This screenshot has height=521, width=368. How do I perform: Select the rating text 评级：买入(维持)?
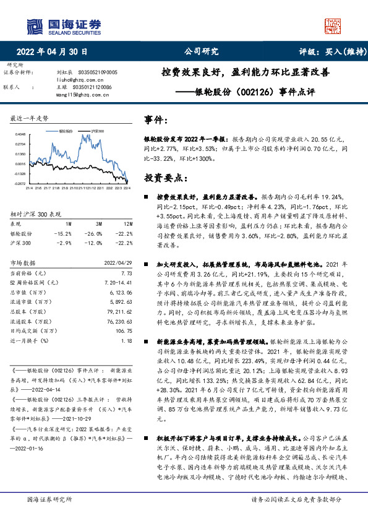[325, 52]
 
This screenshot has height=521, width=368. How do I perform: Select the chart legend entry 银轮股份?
[66, 131]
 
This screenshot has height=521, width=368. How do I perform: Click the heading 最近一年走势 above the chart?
[30, 118]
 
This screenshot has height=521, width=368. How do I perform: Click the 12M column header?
[127, 223]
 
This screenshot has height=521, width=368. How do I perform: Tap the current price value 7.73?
[127, 273]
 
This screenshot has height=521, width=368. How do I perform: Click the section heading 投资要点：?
[165, 178]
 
